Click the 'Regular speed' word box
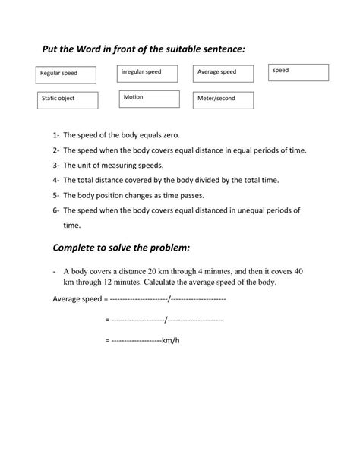[x=67, y=74]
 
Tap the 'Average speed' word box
[x=223, y=73]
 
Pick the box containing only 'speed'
[x=298, y=72]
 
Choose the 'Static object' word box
[x=68, y=99]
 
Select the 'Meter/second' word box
[x=223, y=99]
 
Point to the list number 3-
[x=56, y=166]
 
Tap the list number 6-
[x=56, y=210]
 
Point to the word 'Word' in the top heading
[x=88, y=49]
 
